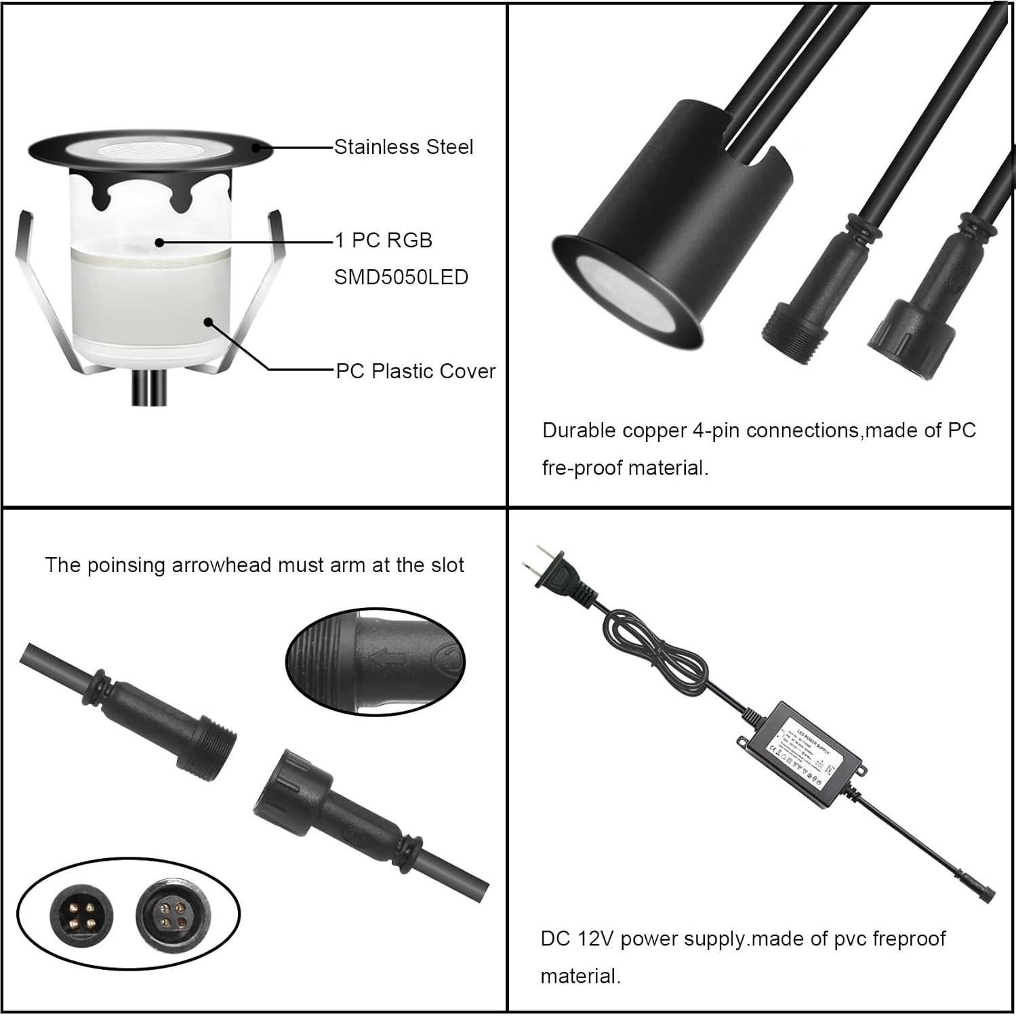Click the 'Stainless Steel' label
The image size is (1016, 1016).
coord(403,147)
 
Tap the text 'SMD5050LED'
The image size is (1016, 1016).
coord(401,277)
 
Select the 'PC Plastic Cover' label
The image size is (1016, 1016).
coord(415,371)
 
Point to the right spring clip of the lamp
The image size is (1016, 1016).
coord(258,291)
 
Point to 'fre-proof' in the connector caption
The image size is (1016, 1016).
coord(584,468)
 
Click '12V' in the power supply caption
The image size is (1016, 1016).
coord(594,939)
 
